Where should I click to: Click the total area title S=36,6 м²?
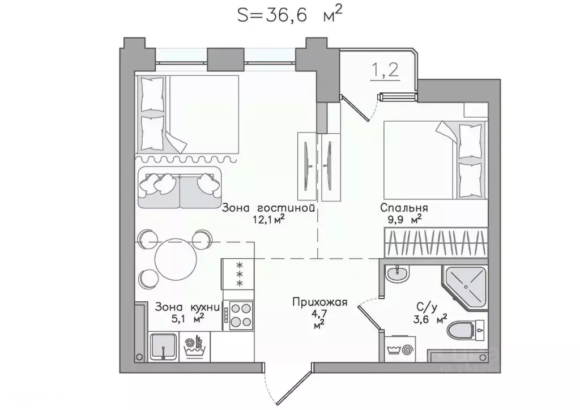(289, 15)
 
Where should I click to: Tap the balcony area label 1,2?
(385, 70)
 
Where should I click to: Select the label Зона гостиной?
(268, 208)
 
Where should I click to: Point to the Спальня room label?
(404, 208)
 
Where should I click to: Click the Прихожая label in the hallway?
(320, 302)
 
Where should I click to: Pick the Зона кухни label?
(187, 307)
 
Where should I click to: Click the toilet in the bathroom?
(467, 328)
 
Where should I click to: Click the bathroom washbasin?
(397, 274)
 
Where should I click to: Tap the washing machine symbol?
(400, 349)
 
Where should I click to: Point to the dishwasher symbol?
(195, 347)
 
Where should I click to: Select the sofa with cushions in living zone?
(180, 187)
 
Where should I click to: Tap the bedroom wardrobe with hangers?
(436, 242)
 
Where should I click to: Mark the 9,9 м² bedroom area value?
(404, 219)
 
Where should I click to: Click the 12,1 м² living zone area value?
(268, 220)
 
